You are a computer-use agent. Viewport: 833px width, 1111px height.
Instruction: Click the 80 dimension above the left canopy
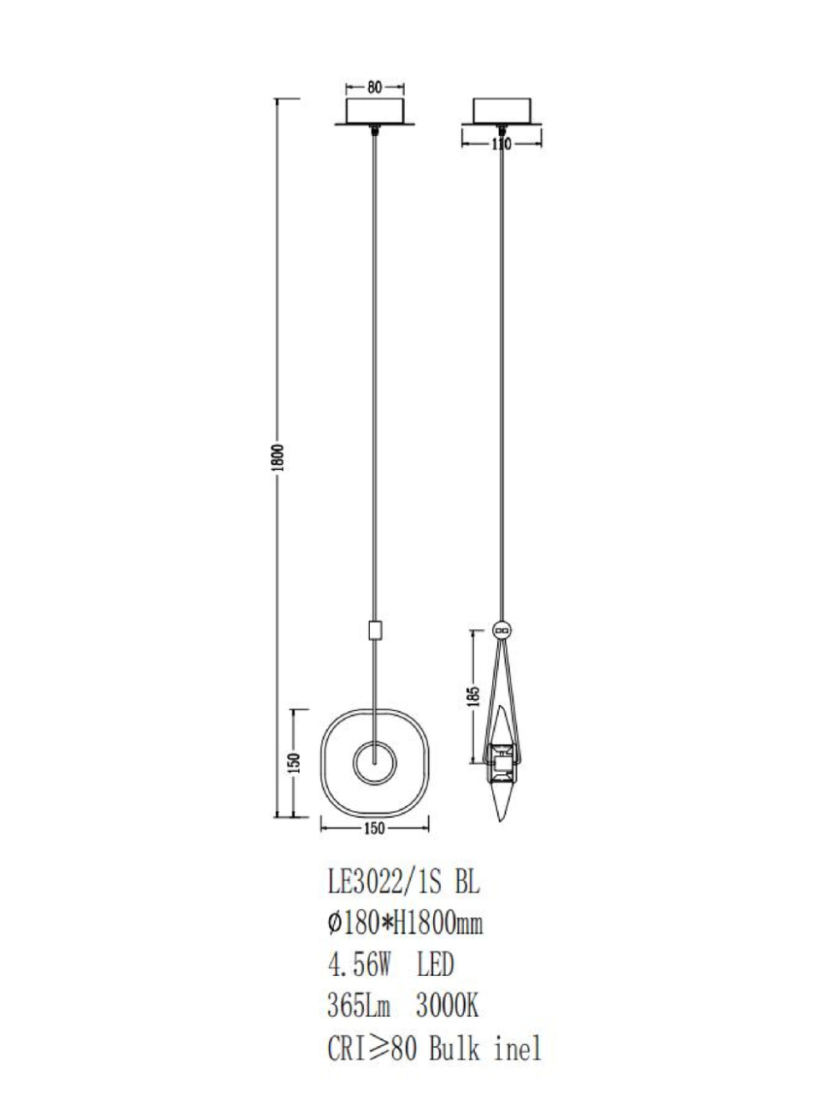pyautogui.click(x=374, y=87)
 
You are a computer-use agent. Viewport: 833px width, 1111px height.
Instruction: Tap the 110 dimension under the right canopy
pyautogui.click(x=502, y=144)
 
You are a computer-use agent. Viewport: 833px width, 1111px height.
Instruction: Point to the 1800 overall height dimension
pyautogui.click(x=279, y=457)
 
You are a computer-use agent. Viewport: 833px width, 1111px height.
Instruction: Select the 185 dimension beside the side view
pyautogui.click(x=473, y=699)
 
